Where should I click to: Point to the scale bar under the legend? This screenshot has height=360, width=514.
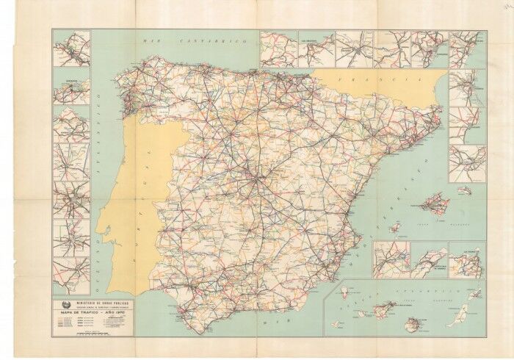pos(93,333)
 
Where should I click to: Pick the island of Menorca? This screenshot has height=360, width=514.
pos(464,190)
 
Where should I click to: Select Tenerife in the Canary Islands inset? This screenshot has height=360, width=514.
pos(385,309)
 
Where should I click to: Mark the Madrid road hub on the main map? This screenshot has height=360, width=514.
pos(253,177)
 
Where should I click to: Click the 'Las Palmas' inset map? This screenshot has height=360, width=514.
pos(466,260)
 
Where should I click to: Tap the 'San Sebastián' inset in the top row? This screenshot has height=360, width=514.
pos(316,48)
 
